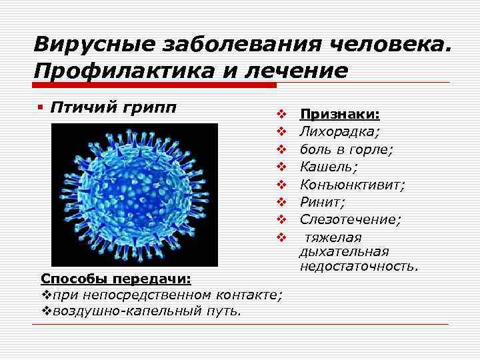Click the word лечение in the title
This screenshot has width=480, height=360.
[x=291, y=71]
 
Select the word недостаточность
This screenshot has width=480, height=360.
[x=359, y=267]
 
